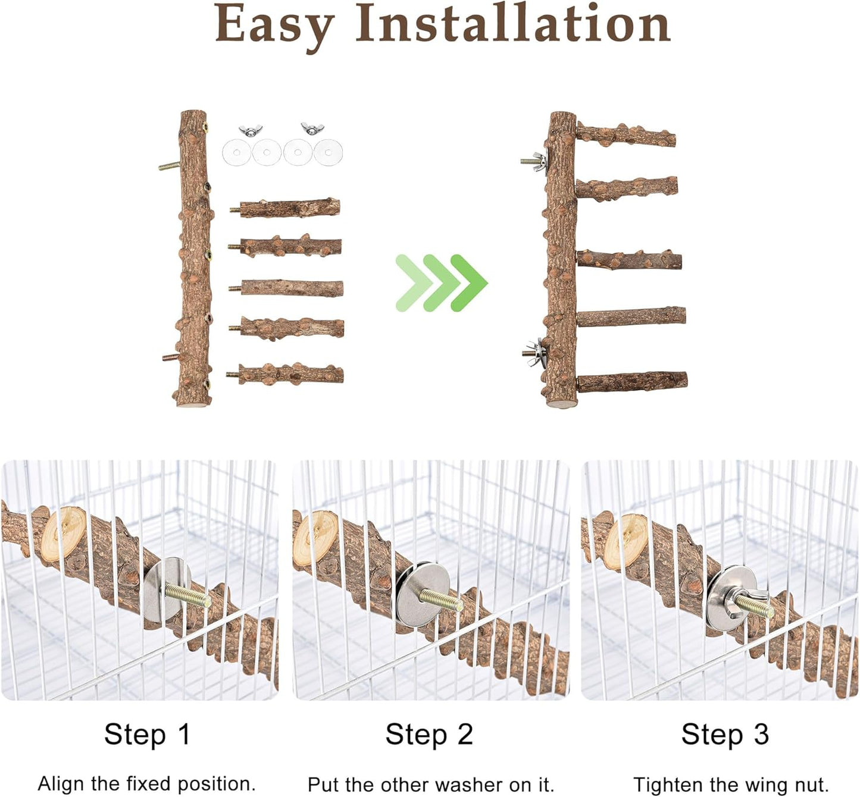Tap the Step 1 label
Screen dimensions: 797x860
point(147,734)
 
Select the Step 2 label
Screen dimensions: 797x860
point(429,734)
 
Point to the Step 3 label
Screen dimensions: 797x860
point(725,734)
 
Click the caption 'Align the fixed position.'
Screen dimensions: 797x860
point(146,783)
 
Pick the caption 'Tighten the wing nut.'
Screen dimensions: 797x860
point(731,785)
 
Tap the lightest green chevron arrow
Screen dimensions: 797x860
point(412,283)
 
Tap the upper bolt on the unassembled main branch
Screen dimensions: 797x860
point(169,166)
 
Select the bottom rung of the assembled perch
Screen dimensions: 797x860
point(632,381)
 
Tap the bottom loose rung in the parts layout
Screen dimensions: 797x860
point(288,375)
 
